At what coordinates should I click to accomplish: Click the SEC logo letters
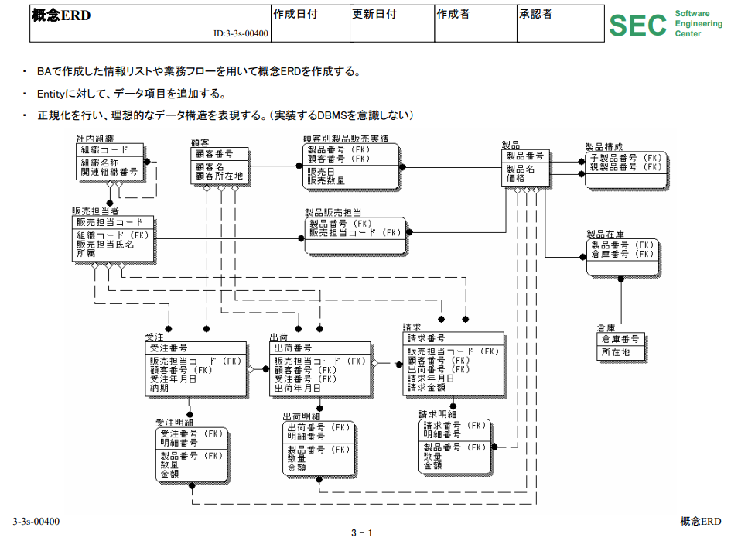coord(637,25)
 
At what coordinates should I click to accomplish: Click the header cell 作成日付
coord(295,14)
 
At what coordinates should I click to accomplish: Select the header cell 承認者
coord(535,14)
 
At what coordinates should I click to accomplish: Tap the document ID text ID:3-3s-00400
coord(241,34)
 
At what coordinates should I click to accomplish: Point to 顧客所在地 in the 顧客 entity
coord(219,176)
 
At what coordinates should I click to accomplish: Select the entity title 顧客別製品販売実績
coord(345,138)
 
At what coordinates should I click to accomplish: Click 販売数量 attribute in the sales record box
coord(326,180)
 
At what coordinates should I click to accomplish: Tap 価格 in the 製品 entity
coord(515,177)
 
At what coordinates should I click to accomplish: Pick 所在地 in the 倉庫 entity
coord(616,352)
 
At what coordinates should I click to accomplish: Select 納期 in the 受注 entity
coord(159,388)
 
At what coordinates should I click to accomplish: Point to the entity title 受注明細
coord(174,423)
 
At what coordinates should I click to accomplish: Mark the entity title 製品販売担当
coord(333,212)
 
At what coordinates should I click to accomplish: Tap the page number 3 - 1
coord(361,532)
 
